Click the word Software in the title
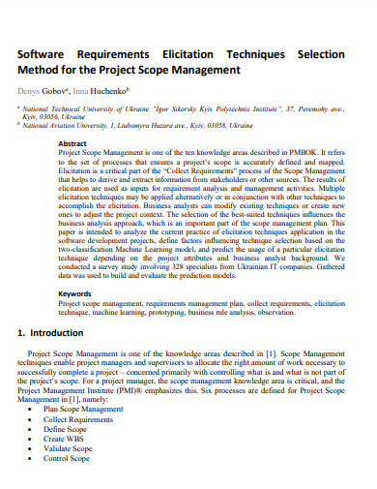47,54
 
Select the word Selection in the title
329,54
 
